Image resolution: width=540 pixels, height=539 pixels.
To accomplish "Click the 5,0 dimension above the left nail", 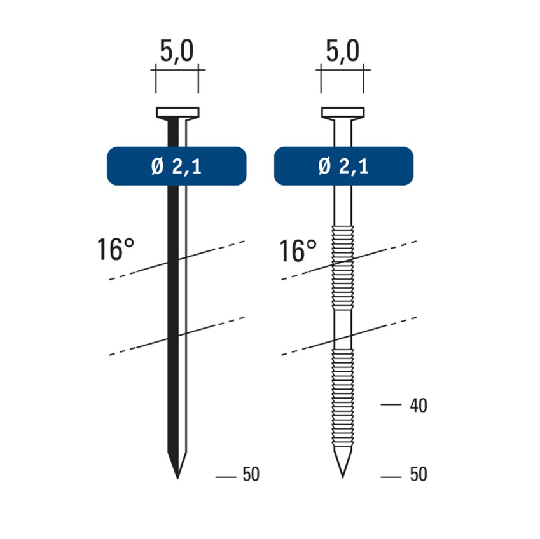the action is (177, 51).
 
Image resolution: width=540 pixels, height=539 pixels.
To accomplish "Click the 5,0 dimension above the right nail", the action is (342, 51).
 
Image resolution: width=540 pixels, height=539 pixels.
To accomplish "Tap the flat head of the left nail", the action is (177, 113).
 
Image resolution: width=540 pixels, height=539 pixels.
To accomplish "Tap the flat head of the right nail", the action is (343, 113).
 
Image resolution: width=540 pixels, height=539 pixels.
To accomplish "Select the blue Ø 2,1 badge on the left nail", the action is (177, 167).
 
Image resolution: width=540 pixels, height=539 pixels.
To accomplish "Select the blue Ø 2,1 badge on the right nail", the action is (343, 167).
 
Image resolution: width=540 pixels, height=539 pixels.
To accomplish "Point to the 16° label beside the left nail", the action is (115, 249).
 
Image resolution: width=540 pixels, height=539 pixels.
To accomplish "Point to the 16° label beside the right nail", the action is (298, 250).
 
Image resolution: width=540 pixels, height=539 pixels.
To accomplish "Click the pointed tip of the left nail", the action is (177, 479).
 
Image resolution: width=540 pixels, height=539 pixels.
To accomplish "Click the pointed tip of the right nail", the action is (343, 478).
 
